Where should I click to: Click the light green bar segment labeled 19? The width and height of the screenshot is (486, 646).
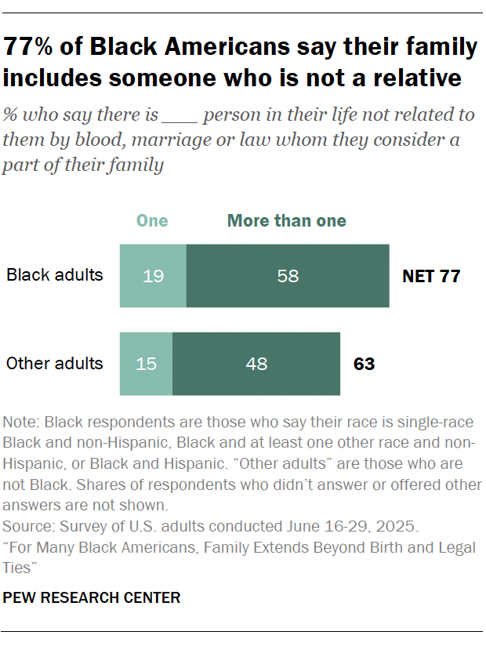click(153, 275)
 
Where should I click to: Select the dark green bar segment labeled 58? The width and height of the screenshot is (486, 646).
click(288, 275)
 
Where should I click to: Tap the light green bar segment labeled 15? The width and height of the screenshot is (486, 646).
click(146, 364)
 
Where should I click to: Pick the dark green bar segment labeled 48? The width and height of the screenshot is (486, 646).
click(256, 364)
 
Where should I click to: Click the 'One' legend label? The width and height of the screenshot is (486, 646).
click(152, 220)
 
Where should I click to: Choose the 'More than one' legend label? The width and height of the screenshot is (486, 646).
click(287, 220)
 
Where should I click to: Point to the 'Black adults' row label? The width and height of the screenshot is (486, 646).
click(55, 275)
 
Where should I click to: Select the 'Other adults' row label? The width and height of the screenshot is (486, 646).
click(55, 364)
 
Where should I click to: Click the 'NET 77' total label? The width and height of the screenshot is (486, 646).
click(431, 276)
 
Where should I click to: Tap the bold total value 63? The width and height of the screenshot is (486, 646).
click(364, 364)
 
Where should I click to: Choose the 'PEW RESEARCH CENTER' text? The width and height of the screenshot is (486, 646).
click(92, 598)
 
